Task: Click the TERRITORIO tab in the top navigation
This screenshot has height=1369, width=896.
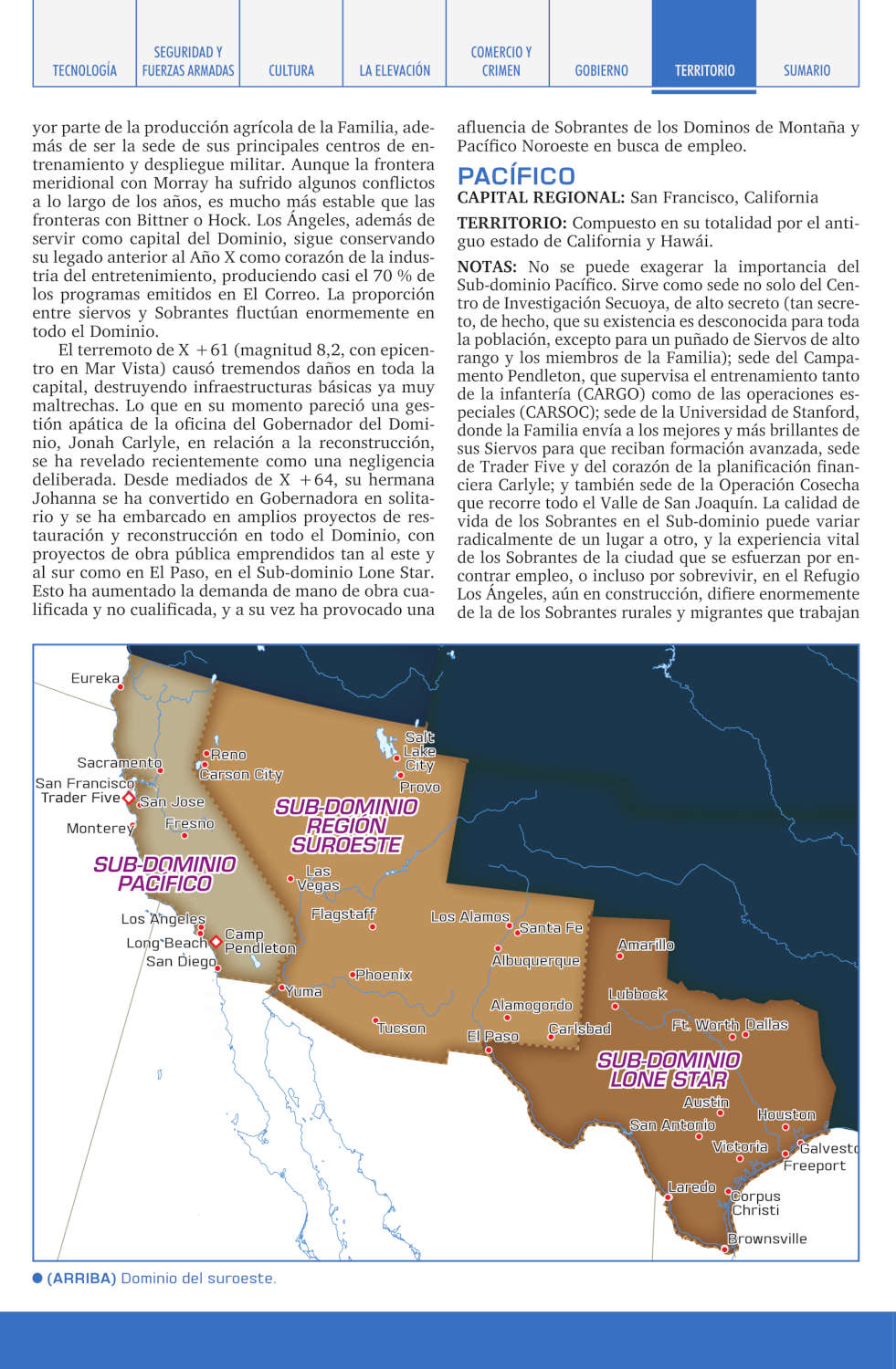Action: point(704,70)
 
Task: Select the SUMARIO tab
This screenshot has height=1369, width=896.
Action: point(806,70)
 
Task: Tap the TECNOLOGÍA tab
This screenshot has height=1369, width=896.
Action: point(84,70)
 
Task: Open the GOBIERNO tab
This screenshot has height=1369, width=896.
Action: point(601,70)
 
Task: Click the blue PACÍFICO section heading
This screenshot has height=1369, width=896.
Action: point(516,176)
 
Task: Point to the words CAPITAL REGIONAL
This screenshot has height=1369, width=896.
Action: point(541,197)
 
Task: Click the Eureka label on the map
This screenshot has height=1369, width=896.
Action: point(95,678)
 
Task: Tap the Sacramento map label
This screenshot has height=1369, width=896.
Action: point(119,763)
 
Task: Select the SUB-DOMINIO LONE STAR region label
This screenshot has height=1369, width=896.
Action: point(669,1070)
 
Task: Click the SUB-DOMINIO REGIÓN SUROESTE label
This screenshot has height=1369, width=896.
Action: point(346,826)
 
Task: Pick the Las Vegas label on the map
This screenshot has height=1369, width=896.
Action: point(318,878)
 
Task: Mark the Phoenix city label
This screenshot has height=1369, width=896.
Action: point(384,975)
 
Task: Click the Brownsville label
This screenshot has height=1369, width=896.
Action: point(767,1238)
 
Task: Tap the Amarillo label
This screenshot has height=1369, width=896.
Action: point(646,945)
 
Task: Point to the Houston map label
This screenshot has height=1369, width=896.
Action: point(786,1114)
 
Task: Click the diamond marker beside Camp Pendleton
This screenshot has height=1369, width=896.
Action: point(216,942)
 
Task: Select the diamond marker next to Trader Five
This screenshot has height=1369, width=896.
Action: point(129,799)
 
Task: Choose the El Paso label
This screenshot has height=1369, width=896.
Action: point(492,1036)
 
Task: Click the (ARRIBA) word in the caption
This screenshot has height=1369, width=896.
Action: point(81,1278)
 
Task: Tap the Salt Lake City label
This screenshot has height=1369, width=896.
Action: point(419,751)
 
